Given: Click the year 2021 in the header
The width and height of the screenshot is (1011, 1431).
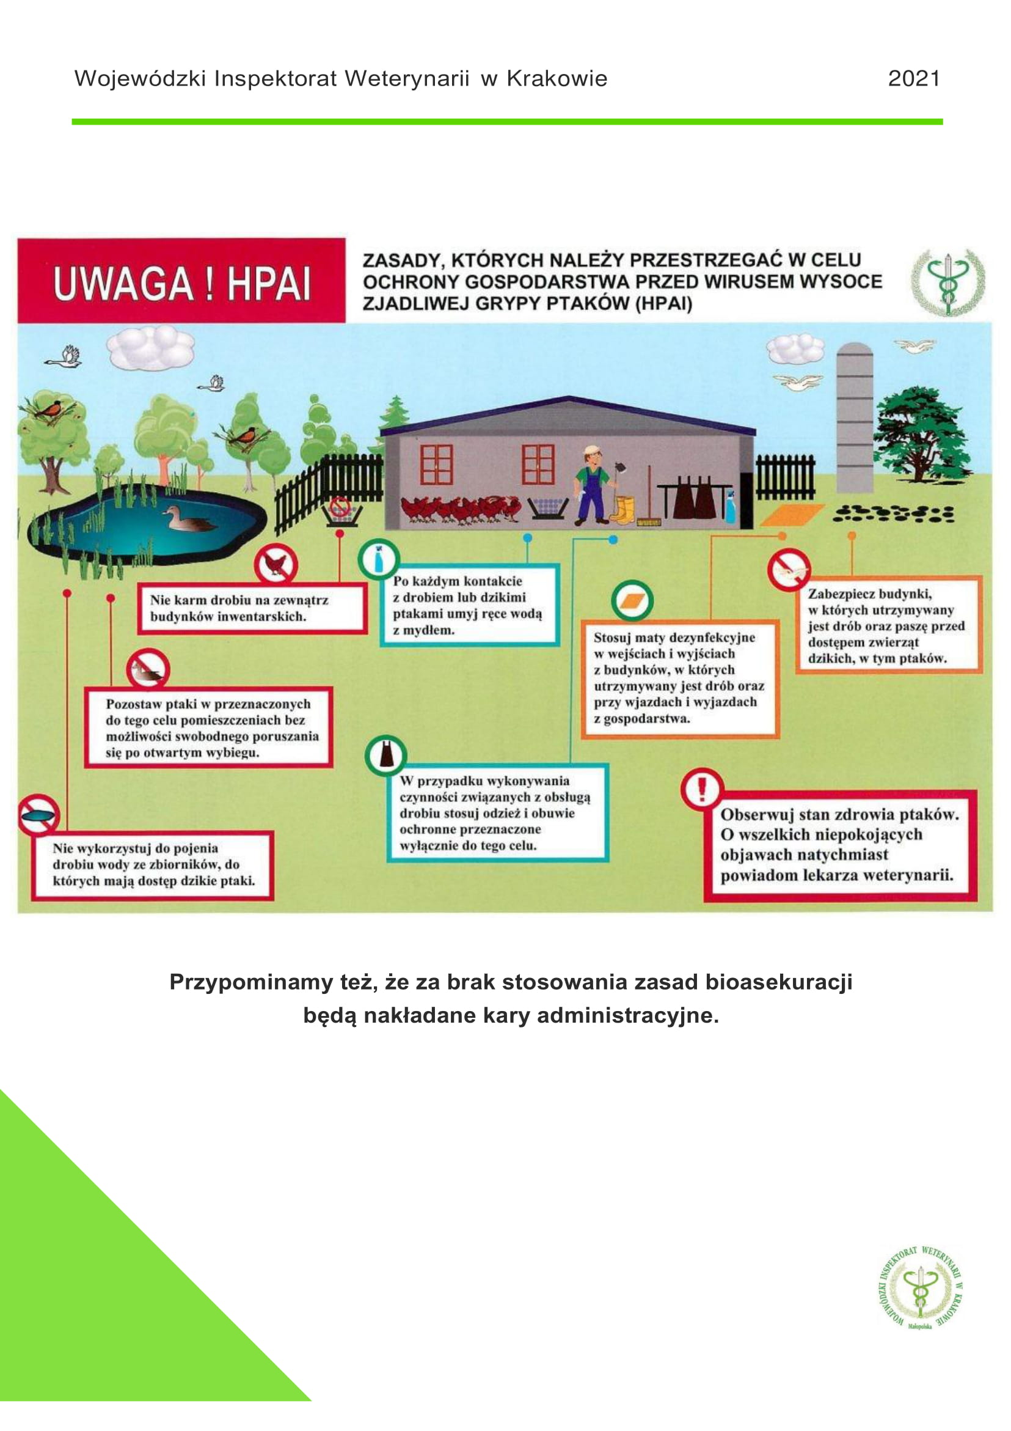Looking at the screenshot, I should (913, 78).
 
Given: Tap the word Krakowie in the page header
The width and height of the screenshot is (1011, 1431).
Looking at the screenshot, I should (557, 78).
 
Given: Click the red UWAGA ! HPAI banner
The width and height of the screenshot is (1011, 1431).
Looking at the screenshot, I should (181, 281).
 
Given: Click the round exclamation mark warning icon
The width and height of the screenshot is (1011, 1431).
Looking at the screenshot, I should (701, 789).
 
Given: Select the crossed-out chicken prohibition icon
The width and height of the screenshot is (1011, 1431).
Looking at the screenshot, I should (276, 564).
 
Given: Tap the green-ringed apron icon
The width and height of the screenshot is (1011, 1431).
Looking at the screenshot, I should (386, 756).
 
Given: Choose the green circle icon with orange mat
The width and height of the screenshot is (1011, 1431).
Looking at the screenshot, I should (632, 601).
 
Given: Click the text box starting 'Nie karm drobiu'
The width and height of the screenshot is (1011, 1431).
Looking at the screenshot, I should (252, 608).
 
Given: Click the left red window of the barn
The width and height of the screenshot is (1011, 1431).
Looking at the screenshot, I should (436, 465).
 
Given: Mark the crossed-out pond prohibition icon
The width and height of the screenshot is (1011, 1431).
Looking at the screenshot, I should (38, 814).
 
